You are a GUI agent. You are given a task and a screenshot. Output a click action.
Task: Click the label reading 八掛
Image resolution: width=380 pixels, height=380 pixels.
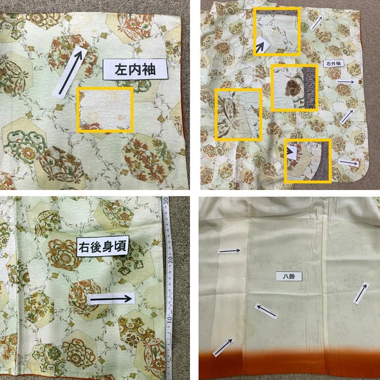288,275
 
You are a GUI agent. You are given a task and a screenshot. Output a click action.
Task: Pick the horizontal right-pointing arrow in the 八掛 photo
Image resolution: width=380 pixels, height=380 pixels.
230,251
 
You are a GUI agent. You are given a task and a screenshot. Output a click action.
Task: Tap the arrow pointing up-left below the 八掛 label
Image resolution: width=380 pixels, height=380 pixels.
266,311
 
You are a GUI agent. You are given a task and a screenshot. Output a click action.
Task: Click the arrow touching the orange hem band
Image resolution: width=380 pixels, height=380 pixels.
223,347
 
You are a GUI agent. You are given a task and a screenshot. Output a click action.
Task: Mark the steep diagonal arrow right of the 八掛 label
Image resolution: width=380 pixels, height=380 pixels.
361,293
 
